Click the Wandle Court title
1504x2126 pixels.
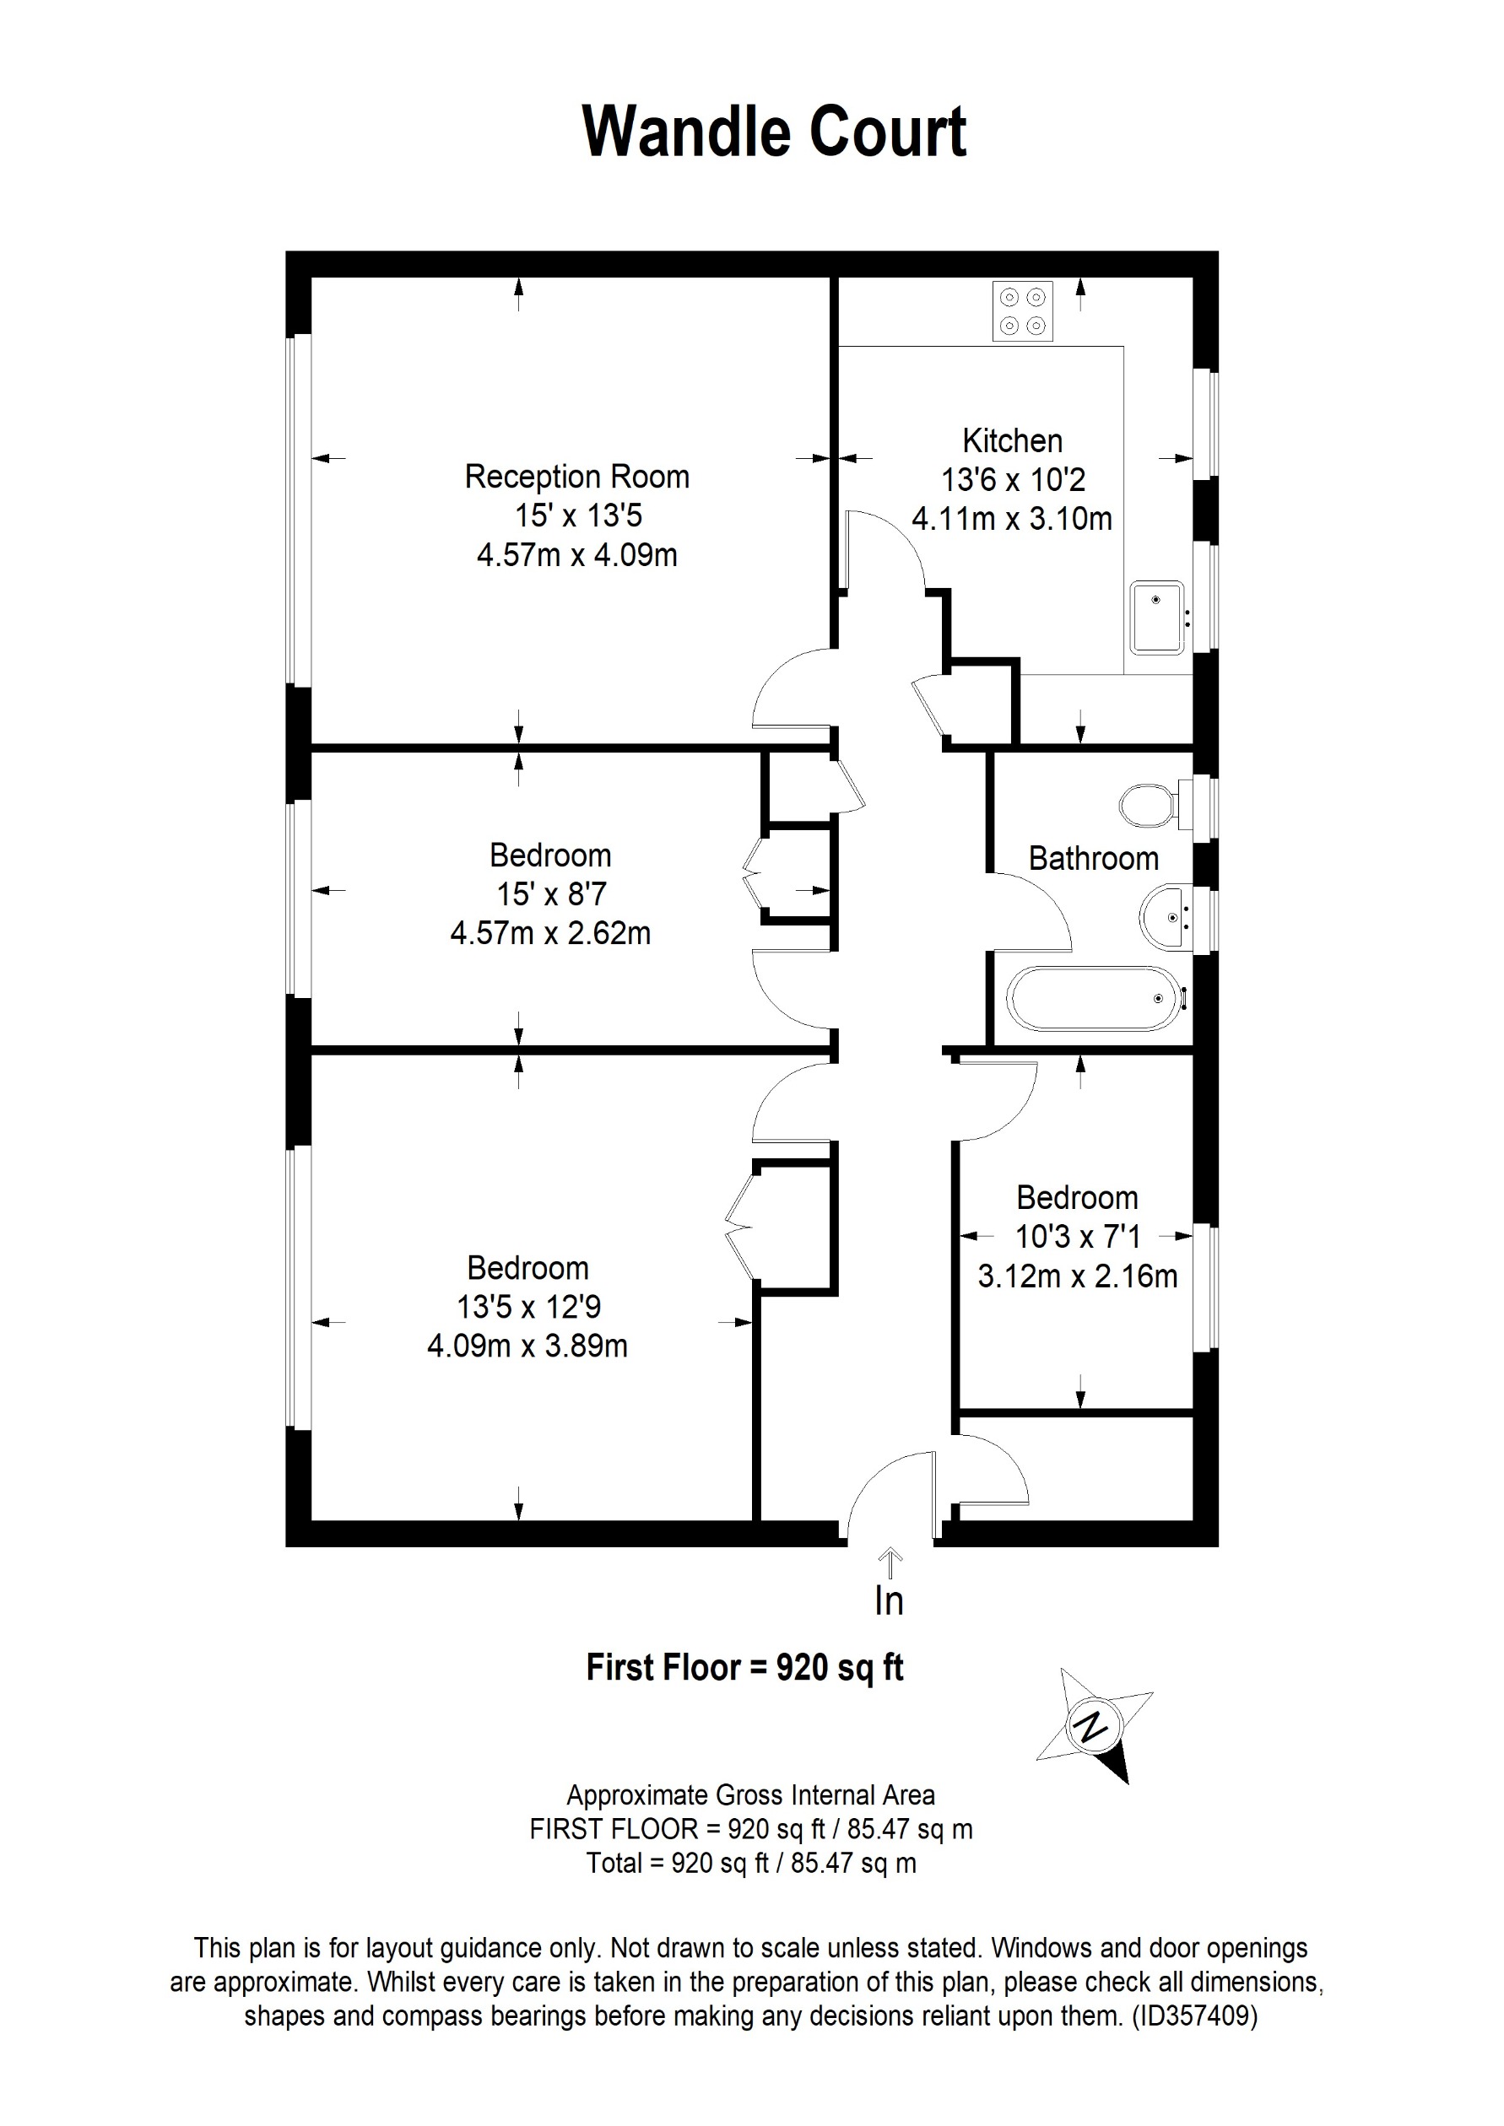point(774,132)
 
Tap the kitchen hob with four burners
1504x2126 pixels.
point(1022,311)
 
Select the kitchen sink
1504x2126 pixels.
point(1157,618)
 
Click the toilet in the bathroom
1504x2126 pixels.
point(1149,807)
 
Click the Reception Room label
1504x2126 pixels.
point(577,477)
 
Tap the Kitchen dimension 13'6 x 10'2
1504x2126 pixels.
point(1012,480)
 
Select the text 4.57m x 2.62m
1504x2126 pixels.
point(550,932)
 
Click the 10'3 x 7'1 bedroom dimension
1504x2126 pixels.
point(1078,1236)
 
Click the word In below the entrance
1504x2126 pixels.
point(889,1601)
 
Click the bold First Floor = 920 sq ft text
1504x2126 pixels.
point(744,1668)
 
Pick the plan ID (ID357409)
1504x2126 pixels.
point(1195,2016)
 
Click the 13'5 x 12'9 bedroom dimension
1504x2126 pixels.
point(527,1307)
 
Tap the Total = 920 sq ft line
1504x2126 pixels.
point(751,1863)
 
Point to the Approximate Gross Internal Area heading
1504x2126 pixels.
point(751,1795)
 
